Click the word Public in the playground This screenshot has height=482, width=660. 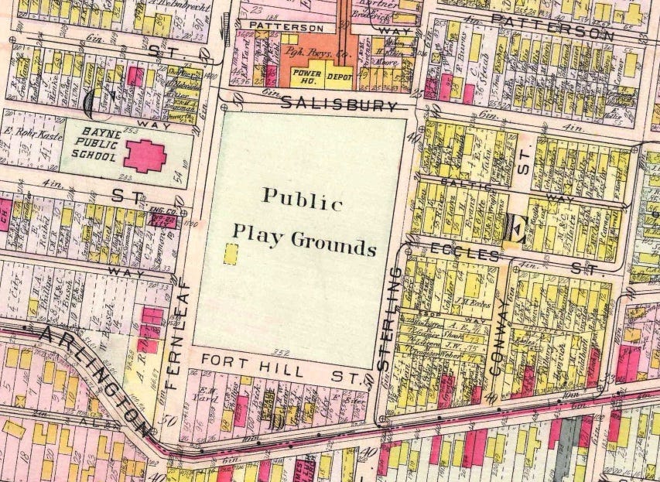(303, 199)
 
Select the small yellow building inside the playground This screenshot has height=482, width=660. (230, 255)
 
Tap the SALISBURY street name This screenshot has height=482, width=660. (339, 103)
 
